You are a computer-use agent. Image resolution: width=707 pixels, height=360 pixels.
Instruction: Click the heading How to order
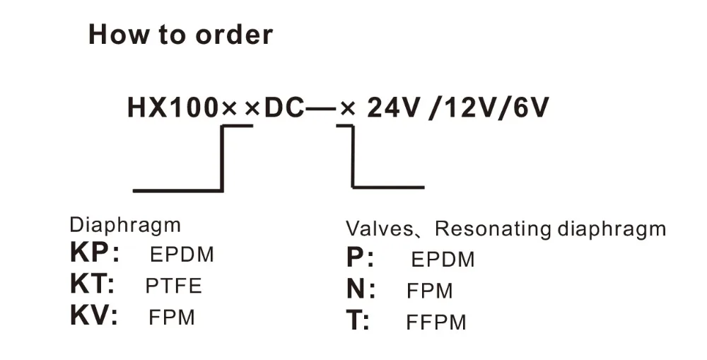[x=180, y=34]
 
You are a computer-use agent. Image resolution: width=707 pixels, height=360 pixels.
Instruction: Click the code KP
[x=89, y=252]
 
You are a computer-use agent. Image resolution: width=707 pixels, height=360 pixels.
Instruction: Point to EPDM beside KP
[x=182, y=255]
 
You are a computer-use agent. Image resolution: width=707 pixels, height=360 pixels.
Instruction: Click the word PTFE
[x=173, y=286]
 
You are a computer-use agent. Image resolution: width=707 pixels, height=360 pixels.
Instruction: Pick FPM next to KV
[x=171, y=317]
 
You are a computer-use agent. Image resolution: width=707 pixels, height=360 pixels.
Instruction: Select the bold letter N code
[x=356, y=289]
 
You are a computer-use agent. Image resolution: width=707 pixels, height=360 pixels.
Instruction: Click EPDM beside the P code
[x=443, y=260]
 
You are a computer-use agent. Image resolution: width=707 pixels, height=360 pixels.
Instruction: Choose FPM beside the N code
[x=429, y=291]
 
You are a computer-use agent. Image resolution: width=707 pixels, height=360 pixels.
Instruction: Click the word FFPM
[x=436, y=322]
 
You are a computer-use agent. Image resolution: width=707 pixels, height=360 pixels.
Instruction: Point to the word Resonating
[x=493, y=230]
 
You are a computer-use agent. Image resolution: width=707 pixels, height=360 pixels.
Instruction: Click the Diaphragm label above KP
[x=125, y=225]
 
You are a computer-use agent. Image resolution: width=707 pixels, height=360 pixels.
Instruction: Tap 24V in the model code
[x=393, y=108]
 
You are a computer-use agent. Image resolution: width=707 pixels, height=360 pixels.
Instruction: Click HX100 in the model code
[x=173, y=108]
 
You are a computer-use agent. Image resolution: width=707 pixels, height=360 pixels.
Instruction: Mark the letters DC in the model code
[x=284, y=108]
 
